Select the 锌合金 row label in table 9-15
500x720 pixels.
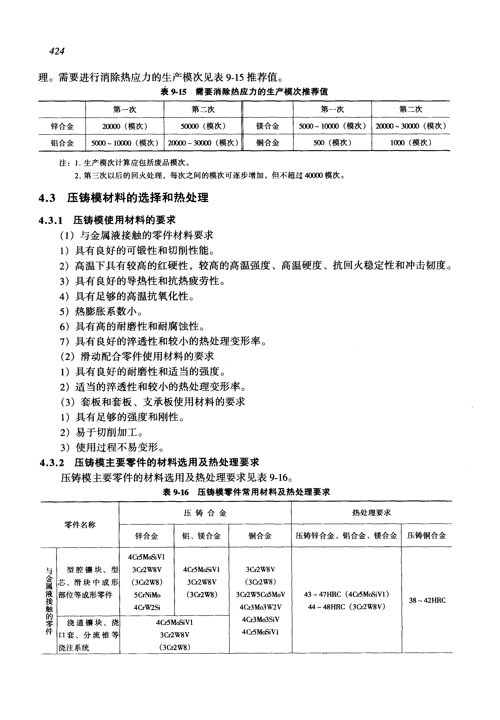[x=62, y=126]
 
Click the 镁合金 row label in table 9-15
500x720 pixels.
[x=268, y=126]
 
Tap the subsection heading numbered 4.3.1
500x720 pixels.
[x=107, y=220]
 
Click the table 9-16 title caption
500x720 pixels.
[x=246, y=492]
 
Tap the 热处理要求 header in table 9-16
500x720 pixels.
[x=371, y=513]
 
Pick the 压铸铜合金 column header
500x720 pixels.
[x=426, y=536]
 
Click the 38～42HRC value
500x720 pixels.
[x=427, y=600]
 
